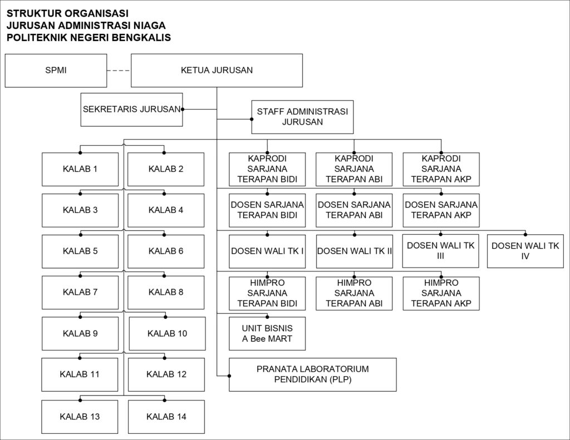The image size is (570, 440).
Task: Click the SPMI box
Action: pyautogui.click(x=56, y=71)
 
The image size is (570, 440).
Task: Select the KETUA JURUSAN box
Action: pyautogui.click(x=217, y=71)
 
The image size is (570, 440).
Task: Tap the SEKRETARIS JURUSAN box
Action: pyautogui.click(x=131, y=110)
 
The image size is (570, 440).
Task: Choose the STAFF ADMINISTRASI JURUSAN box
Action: pyautogui.click(x=302, y=117)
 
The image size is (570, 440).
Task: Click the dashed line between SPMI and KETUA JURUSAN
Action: pyautogui.click(x=119, y=71)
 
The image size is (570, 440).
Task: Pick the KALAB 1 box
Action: pyautogui.click(x=80, y=169)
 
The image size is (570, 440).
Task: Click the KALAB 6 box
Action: pyautogui.click(x=166, y=251)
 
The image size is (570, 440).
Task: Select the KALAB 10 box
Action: pyautogui.click(x=167, y=334)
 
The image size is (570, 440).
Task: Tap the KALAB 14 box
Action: pyautogui.click(x=166, y=417)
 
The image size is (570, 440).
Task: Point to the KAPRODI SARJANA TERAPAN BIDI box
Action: pyautogui.click(x=267, y=169)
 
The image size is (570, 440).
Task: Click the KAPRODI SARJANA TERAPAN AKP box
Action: pyautogui.click(x=441, y=169)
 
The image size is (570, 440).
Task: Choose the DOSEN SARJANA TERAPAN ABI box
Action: pyautogui.click(x=354, y=210)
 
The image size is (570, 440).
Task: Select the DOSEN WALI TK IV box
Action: pyautogui.click(x=525, y=251)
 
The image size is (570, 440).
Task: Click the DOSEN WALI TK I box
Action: pyautogui.click(x=267, y=251)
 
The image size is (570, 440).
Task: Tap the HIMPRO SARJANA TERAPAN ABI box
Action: pyautogui.click(x=354, y=293)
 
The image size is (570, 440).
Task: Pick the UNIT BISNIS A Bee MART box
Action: pyautogui.click(x=267, y=334)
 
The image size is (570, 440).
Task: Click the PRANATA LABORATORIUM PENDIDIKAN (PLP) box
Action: pyautogui.click(x=313, y=374)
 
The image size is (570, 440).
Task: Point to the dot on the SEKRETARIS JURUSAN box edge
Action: pyautogui.click(x=183, y=109)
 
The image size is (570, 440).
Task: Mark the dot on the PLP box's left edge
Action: pyautogui.click(x=229, y=375)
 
